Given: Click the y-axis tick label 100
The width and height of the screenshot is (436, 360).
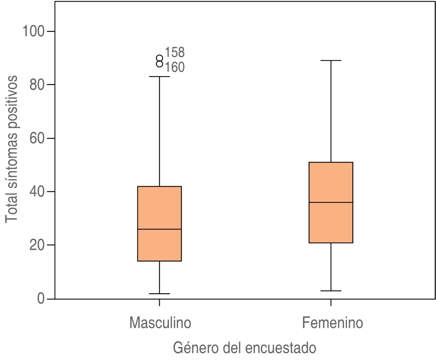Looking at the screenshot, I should coord(34,31).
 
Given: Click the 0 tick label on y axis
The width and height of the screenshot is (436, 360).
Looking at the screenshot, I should coord(42,299).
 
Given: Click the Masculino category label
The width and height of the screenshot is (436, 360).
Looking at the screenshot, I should coord(160,323).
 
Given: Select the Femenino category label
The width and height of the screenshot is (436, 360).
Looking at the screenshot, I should coord(332,323).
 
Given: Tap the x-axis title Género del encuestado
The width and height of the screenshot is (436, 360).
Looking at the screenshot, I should coord(245,348).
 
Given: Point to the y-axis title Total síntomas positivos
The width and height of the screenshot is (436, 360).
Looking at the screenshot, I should coord(12,149).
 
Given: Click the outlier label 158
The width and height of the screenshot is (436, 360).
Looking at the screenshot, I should coord(175,52).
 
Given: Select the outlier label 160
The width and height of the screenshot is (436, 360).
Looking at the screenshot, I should coord(175,67).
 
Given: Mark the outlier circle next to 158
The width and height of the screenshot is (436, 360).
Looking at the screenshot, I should coord(159,58).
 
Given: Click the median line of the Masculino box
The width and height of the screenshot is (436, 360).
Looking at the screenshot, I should coord(159,229).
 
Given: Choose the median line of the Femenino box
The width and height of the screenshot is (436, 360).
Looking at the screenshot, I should coord(331,202).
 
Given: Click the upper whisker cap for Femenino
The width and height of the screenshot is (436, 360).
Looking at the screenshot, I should coord(331,60).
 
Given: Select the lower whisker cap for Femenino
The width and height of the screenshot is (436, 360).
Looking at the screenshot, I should coord(331,291).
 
